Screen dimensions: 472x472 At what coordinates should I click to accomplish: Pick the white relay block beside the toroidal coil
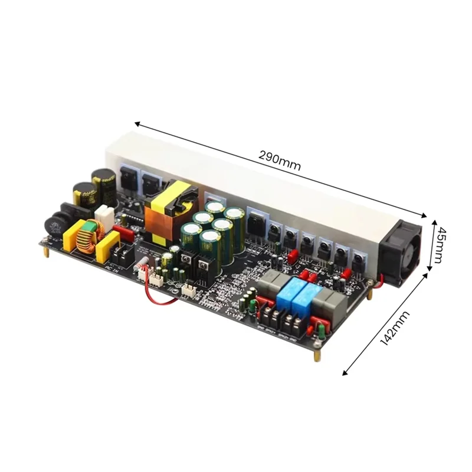[104, 216]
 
